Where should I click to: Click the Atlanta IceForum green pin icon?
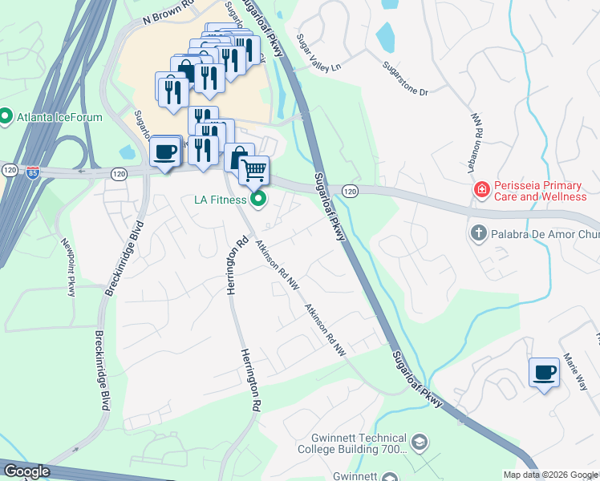(x=6, y=117)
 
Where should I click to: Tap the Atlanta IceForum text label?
(x=59, y=117)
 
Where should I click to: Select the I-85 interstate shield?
(x=32, y=173)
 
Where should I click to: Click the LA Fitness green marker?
(x=258, y=200)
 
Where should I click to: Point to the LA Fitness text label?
(x=218, y=200)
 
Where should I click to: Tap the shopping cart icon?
(x=253, y=169)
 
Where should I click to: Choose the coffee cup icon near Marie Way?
(x=545, y=372)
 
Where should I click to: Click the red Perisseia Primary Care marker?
(x=481, y=191)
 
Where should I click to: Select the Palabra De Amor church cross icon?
(x=478, y=233)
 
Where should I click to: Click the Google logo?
(x=26, y=471)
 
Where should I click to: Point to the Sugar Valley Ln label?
(x=318, y=53)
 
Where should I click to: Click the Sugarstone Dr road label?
(x=405, y=79)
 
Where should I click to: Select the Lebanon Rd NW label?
(x=475, y=141)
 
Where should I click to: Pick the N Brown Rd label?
(x=171, y=13)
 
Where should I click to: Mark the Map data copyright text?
(x=550, y=475)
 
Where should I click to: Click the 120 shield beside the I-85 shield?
(x=10, y=171)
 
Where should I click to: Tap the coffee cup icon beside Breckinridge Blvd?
(x=165, y=152)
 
